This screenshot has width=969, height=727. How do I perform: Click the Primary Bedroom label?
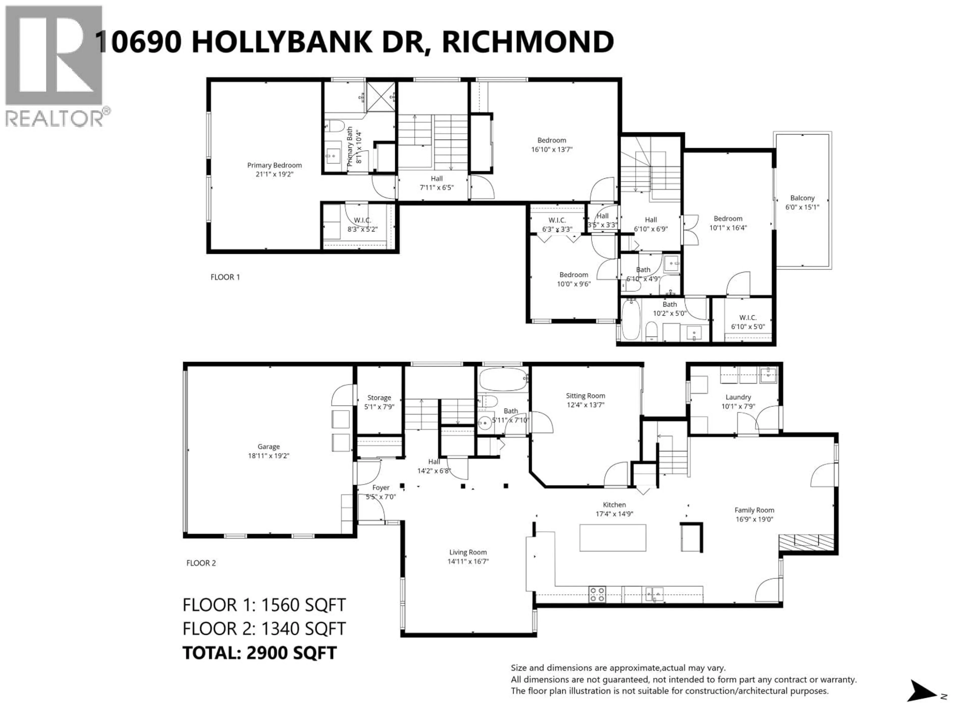(274, 165)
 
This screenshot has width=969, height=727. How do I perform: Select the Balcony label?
(802, 198)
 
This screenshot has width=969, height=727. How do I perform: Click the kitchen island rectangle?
(612, 538)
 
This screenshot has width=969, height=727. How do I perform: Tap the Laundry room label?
(738, 397)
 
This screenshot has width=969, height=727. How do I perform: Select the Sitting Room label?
(585, 396)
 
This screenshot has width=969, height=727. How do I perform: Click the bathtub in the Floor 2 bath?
(502, 379)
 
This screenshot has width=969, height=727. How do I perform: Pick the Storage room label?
(379, 398)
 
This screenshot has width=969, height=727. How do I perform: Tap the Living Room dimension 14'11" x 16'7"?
(468, 561)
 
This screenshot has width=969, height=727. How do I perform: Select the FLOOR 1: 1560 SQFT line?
(264, 605)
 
